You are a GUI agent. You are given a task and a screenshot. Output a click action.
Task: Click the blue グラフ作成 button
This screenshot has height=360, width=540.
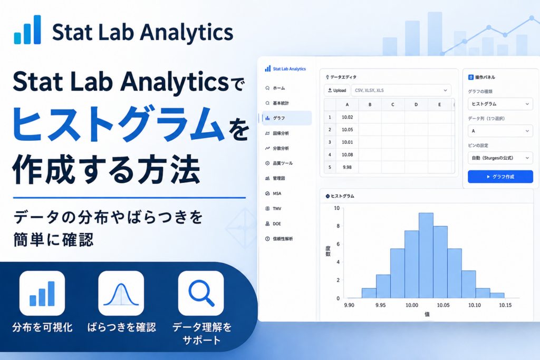[x=500, y=177]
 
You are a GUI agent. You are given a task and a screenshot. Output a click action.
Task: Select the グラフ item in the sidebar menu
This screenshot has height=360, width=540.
[x=286, y=118]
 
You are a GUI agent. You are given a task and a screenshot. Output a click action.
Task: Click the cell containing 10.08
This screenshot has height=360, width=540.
[x=347, y=154]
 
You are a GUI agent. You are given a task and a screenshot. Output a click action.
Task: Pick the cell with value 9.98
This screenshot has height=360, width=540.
[x=347, y=167]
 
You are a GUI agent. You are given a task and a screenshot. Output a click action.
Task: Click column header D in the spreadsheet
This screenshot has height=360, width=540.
[x=416, y=104]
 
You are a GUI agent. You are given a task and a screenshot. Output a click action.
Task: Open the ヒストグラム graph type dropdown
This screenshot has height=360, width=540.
[x=500, y=104]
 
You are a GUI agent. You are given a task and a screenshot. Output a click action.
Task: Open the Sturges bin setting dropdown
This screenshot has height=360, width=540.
[x=500, y=158]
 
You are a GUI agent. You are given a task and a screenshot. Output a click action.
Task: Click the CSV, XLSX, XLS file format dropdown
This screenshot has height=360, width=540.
[x=401, y=90]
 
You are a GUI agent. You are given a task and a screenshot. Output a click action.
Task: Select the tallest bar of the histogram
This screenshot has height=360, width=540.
[x=426, y=255]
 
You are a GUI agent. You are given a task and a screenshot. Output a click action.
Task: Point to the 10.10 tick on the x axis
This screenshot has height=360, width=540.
[x=474, y=305]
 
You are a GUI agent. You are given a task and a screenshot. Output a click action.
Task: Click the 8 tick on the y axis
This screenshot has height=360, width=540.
[x=338, y=226]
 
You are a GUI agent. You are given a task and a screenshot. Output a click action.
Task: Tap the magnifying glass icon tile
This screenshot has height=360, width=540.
[x=201, y=293]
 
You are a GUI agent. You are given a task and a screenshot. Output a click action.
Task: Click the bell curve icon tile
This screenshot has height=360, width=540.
[x=121, y=293]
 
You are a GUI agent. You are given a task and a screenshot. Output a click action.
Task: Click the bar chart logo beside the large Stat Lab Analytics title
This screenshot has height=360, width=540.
[x=27, y=30]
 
